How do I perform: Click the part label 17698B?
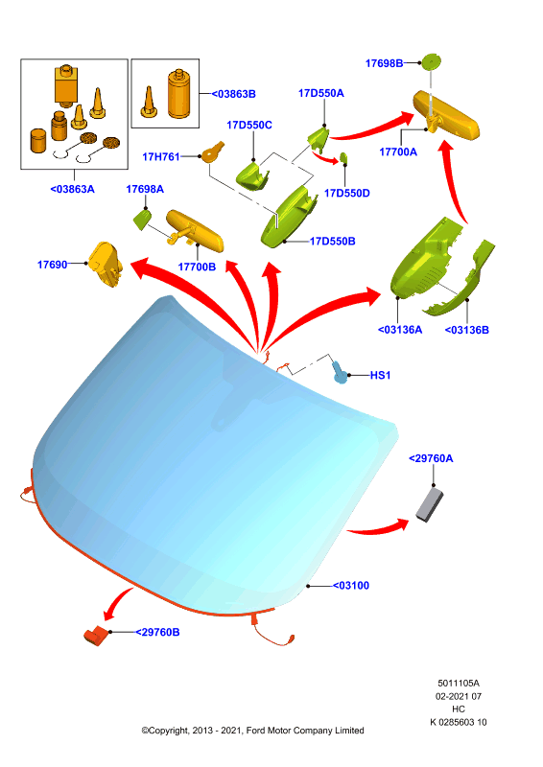coord(385,63)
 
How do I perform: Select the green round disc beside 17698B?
coord(432,61)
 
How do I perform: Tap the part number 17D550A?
coord(321,93)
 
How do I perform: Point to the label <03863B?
coord(233,94)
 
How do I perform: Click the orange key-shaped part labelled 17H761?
coord(213,151)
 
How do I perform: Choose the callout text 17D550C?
coord(249,126)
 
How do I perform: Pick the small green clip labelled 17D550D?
coord(343,158)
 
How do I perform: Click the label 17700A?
coord(398,152)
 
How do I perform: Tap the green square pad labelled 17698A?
coord(143,219)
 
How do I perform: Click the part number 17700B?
coord(197,267)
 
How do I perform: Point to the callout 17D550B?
coord(333,242)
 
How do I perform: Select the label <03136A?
coord(400,330)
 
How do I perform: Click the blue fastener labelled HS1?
coord(340,372)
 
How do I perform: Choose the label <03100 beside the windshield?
coord(351,586)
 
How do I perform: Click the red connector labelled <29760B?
coord(96,636)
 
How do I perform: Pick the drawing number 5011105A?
coord(459,684)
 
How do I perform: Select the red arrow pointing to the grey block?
coord(380,528)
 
